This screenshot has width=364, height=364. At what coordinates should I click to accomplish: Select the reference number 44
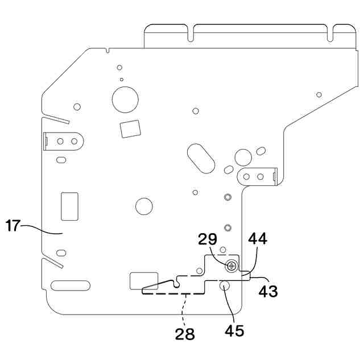[x=257, y=239]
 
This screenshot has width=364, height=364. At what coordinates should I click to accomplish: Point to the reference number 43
[x=268, y=291]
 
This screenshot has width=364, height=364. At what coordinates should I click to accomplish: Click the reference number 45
[x=234, y=330]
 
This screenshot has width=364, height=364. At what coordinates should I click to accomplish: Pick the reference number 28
[x=185, y=334]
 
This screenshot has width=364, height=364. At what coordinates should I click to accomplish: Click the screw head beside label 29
[x=231, y=266]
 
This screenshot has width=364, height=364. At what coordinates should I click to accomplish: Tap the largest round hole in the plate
[x=125, y=99]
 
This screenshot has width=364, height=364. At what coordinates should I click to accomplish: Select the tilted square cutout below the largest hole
[x=130, y=128]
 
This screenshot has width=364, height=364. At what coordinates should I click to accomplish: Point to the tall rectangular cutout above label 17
[x=69, y=205]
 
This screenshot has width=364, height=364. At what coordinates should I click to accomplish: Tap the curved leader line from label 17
[x=43, y=229]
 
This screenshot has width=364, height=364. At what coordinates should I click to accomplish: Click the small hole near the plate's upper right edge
[x=319, y=94]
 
